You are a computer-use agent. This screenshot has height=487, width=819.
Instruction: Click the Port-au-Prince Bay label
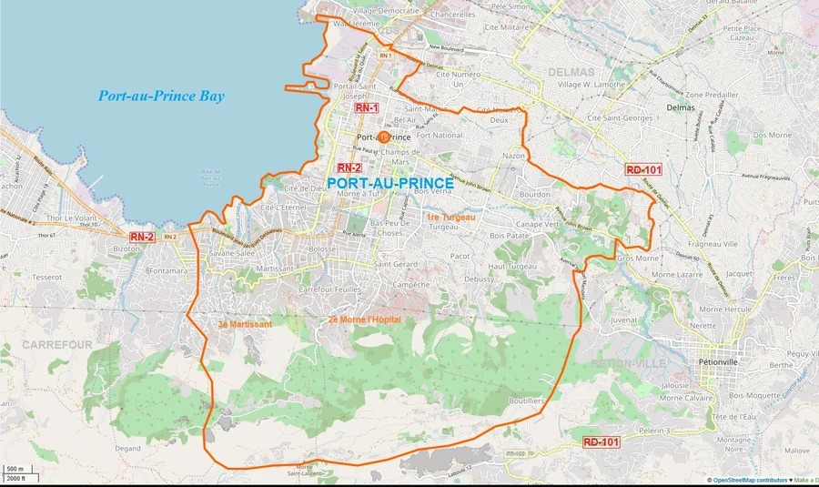pyautogui.click(x=162, y=96)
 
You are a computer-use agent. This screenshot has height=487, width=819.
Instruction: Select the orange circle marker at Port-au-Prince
pyautogui.click(x=383, y=137)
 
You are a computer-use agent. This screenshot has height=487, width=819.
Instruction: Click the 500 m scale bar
pyautogui.click(x=15, y=469)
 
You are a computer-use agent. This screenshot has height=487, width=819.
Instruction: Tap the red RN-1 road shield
pyautogui.click(x=367, y=107)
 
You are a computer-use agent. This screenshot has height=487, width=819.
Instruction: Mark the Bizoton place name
pyautogui.click(x=126, y=248)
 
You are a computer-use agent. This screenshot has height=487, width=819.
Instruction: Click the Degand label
pyautogui.click(x=127, y=448)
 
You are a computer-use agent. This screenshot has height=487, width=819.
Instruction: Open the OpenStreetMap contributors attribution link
pyautogui.click(x=749, y=480)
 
